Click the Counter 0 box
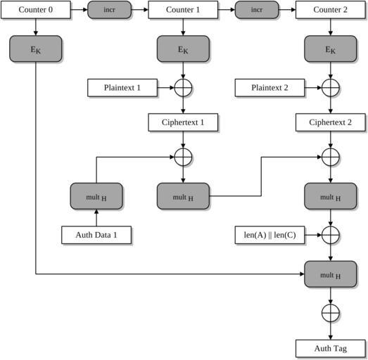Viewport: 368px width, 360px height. [x=36, y=10]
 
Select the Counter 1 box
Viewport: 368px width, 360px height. [x=183, y=10]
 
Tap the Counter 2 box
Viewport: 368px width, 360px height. [x=331, y=10]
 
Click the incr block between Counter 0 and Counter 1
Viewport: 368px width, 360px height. [x=109, y=10]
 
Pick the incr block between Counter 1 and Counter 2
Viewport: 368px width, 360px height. [x=257, y=10]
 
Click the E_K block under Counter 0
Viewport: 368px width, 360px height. [x=36, y=49]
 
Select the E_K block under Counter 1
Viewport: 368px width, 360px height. [x=183, y=49]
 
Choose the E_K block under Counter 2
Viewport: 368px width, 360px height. [x=331, y=49]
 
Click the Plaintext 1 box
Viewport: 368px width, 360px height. [x=122, y=88]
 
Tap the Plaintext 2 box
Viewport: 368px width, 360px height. [x=269, y=88]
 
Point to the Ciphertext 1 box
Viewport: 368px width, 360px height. [x=183, y=122]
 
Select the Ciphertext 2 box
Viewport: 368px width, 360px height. [x=331, y=122]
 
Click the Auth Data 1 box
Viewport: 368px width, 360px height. [x=96, y=235]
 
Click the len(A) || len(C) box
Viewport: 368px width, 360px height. [x=269, y=235]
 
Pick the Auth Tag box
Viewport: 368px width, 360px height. [x=331, y=348]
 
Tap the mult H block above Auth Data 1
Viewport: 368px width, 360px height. [x=96, y=196]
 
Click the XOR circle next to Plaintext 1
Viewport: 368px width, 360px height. [x=183, y=88]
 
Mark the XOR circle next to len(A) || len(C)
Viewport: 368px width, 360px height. [x=331, y=235]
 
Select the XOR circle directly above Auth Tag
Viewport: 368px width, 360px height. [x=331, y=313]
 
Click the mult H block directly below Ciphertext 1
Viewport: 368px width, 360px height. [x=183, y=196]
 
